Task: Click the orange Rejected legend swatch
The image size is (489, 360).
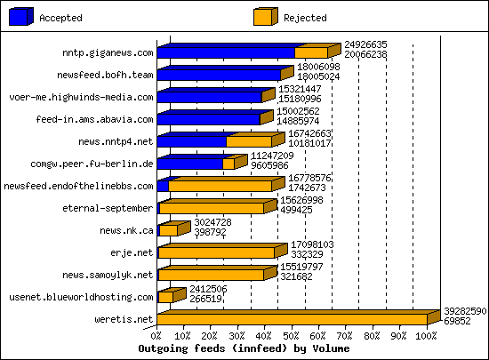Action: pyautogui.click(x=263, y=17)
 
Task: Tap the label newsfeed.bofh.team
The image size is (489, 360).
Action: pyautogui.click(x=105, y=75)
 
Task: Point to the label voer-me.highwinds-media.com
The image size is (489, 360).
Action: pyautogui.click(x=81, y=97)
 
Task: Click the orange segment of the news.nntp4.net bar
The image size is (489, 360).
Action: pyautogui.click(x=249, y=141)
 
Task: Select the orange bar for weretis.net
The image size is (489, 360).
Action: pyautogui.click(x=293, y=319)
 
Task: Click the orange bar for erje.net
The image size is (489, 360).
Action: pyautogui.click(x=216, y=252)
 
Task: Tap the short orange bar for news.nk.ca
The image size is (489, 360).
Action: pyautogui.click(x=167, y=230)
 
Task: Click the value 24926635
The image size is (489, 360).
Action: pyautogui.click(x=365, y=44)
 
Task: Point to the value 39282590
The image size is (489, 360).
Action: pyautogui.click(x=465, y=311)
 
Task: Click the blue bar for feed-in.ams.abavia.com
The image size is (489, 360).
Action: pyautogui.click(x=209, y=119)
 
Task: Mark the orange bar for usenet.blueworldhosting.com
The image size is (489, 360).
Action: pyautogui.click(x=166, y=297)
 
